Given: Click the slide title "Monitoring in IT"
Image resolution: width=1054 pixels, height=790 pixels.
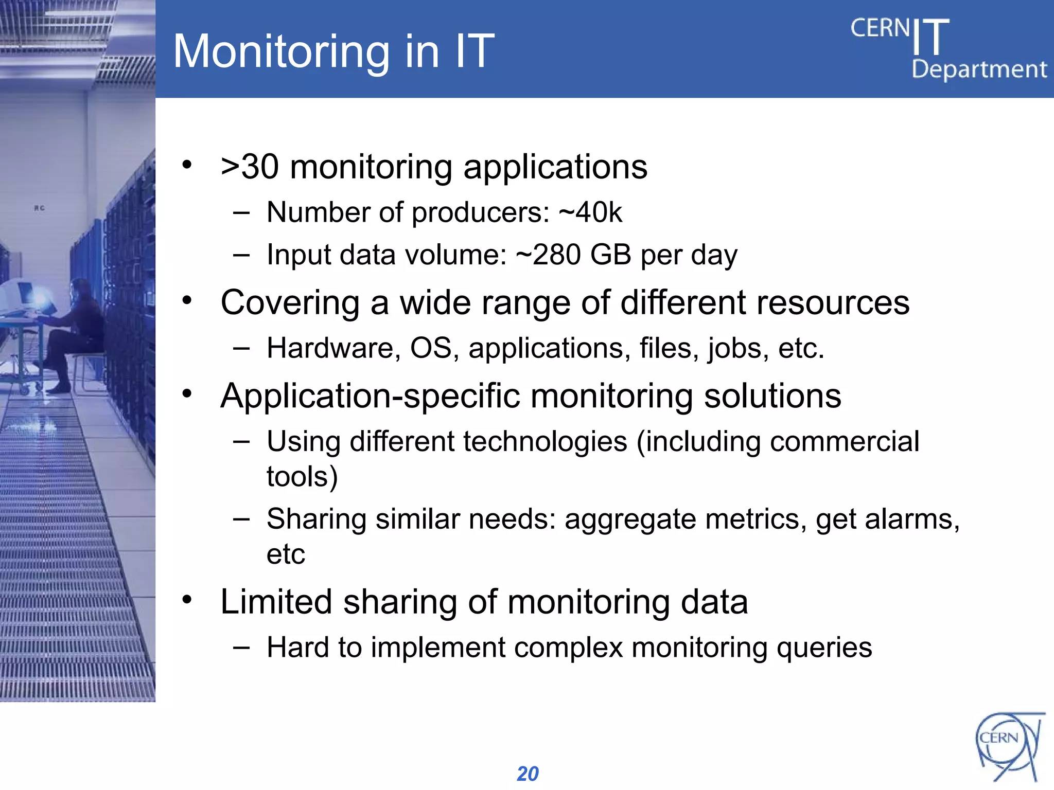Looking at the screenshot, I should coord(333,51).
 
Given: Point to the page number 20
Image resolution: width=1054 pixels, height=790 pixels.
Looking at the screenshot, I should coord(528,774).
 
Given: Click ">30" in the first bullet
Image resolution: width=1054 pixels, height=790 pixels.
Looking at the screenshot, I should coord(250,167).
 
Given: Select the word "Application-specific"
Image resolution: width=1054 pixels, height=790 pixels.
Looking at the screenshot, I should coord(371,396).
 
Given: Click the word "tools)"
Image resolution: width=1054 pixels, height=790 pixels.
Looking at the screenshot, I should coord(302,477).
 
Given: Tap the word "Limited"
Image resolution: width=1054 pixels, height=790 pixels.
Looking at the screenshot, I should coord(276,602).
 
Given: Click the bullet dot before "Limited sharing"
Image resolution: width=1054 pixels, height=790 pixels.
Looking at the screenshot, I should coord(187,599).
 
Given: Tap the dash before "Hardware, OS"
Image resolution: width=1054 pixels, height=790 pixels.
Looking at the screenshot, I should coord(241,348).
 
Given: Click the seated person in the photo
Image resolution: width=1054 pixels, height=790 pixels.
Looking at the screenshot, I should coord(77,329).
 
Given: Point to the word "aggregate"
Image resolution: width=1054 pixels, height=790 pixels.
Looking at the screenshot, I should coord(630,519).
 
